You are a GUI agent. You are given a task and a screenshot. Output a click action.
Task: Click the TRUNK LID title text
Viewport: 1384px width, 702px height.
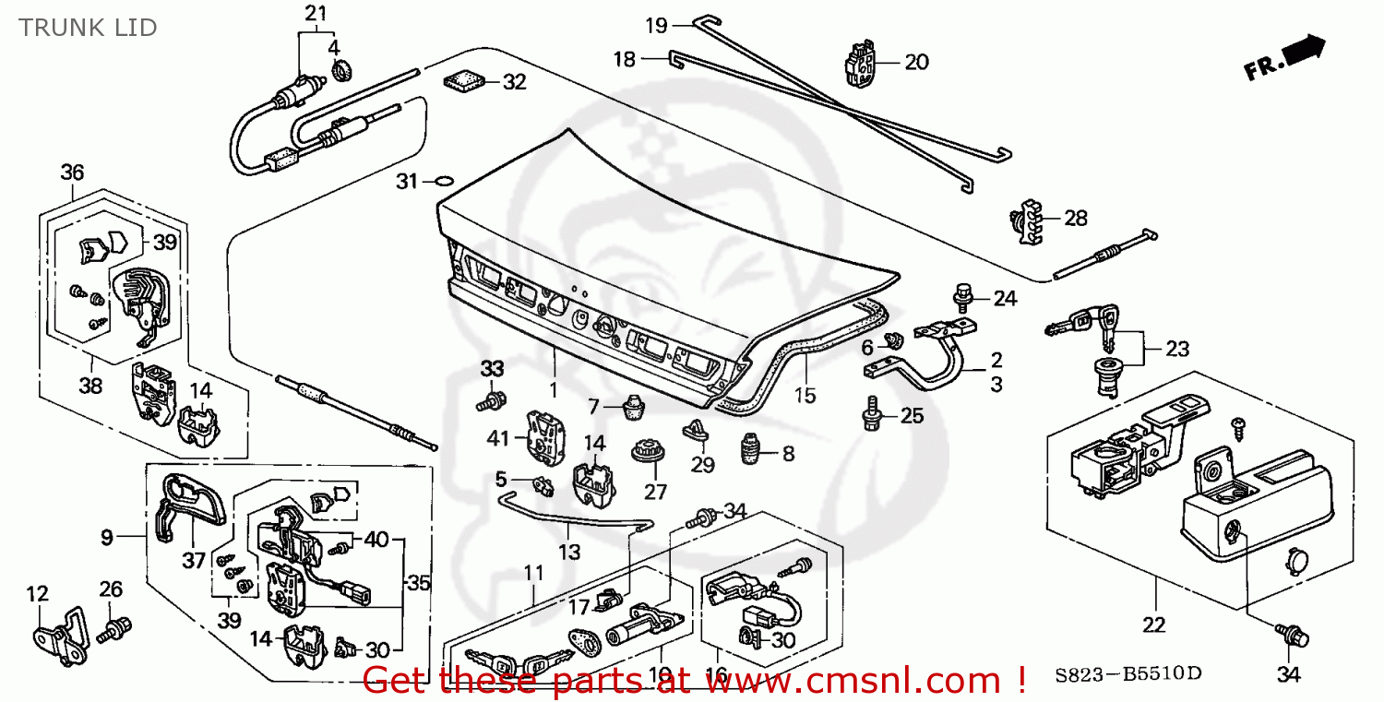(x=88, y=28)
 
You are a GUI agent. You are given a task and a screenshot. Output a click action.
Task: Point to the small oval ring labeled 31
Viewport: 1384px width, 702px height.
(x=444, y=181)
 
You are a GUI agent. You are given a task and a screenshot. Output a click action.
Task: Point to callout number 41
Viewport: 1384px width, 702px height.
(x=498, y=439)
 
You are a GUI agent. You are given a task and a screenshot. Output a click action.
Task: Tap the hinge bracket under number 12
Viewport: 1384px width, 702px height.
(x=57, y=637)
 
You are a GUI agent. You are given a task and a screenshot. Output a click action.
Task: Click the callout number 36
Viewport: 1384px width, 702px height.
(x=72, y=173)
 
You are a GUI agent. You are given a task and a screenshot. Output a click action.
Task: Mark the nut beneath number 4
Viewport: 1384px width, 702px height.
(x=339, y=68)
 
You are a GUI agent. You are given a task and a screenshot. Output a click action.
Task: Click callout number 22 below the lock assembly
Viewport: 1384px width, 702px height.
(x=1153, y=625)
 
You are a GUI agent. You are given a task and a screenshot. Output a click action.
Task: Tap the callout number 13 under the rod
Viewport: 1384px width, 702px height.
(x=569, y=552)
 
